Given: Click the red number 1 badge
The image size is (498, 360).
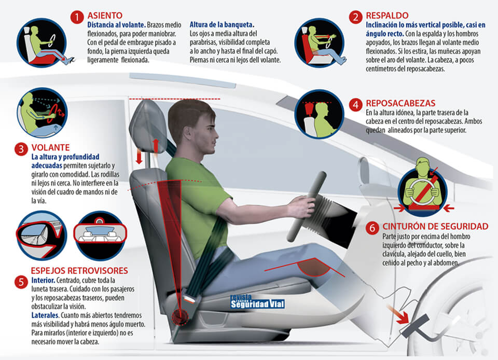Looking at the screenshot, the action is tap(77, 17).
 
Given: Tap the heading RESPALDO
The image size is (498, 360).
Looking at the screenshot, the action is tap(387, 16).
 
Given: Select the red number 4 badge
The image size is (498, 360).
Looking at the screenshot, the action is tap(355, 105).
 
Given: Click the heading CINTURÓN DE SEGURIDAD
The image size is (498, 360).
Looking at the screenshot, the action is tap(435, 226).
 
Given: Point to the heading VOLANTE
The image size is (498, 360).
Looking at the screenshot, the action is tap(50, 148).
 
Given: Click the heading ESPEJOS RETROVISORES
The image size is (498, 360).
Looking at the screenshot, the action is tap(79, 271).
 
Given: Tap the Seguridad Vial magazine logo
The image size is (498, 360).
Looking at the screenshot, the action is tap(257, 301).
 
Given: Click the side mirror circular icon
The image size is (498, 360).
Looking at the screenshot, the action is tap(41, 235).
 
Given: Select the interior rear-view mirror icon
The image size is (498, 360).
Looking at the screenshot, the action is tap(100, 235).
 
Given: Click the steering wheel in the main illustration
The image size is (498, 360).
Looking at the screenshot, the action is tap(306, 207).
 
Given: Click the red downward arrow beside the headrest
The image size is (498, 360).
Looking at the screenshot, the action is tap(139, 156).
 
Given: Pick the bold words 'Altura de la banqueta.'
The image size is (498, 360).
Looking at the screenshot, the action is tap(222, 25).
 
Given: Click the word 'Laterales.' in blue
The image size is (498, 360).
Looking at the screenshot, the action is tap(45, 315).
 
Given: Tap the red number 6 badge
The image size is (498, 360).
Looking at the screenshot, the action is tap(372, 228).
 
